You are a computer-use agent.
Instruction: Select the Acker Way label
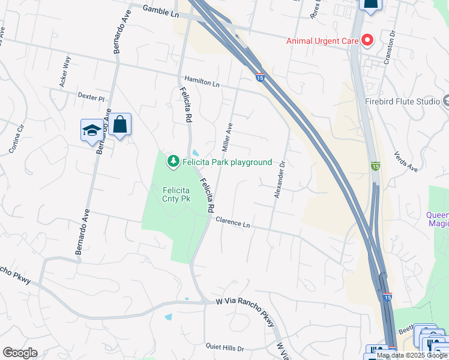[65, 72]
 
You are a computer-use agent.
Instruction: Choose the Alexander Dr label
[278, 179]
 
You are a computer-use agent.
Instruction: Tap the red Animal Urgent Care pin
[367, 41]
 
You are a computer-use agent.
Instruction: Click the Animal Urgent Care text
[322, 41]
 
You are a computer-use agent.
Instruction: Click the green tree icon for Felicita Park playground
[173, 161]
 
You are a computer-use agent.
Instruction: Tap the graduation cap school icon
[92, 130]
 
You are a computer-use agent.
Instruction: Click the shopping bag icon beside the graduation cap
[120, 125]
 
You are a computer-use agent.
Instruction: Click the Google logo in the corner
[20, 353]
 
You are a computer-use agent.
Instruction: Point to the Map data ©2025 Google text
[412, 355]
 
